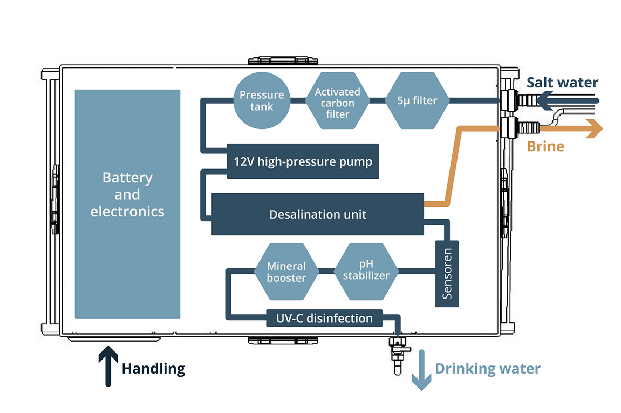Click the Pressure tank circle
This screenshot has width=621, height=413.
tap(262, 100)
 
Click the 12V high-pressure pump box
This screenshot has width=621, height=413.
tap(303, 161)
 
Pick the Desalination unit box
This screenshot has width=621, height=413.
tap(317, 214)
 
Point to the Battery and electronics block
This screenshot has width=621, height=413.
tap(127, 204)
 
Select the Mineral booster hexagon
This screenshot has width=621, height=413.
tap(286, 272)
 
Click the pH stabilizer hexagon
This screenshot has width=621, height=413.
tap(366, 272)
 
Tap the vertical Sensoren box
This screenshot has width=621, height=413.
tap(447, 274)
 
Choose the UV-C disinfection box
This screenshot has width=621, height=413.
tap(324, 318)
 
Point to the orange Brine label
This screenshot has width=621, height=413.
tap(545, 146)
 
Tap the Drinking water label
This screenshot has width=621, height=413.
tap(487, 369)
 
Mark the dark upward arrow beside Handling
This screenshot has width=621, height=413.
tap(108, 368)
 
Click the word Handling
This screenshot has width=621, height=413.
tap(153, 369)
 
